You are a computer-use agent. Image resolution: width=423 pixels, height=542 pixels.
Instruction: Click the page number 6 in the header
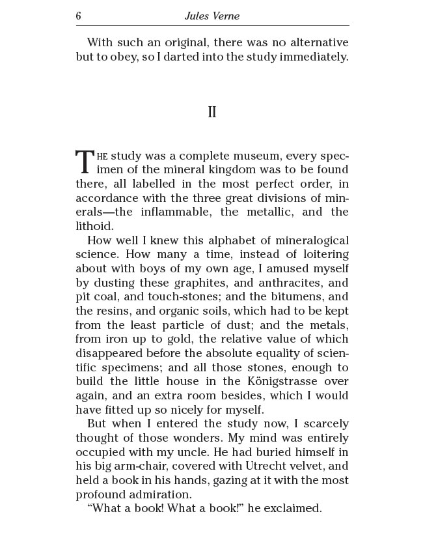pyautogui.click(x=79, y=16)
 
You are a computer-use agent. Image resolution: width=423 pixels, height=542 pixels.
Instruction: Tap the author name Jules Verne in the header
pyautogui.click(x=212, y=16)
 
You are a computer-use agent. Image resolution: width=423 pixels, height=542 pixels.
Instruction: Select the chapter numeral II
pyautogui.click(x=211, y=112)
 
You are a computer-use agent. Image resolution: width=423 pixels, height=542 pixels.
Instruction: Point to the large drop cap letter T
pyautogui.click(x=85, y=161)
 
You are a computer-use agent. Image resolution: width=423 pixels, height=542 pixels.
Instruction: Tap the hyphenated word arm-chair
pyautogui.click(x=141, y=466)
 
